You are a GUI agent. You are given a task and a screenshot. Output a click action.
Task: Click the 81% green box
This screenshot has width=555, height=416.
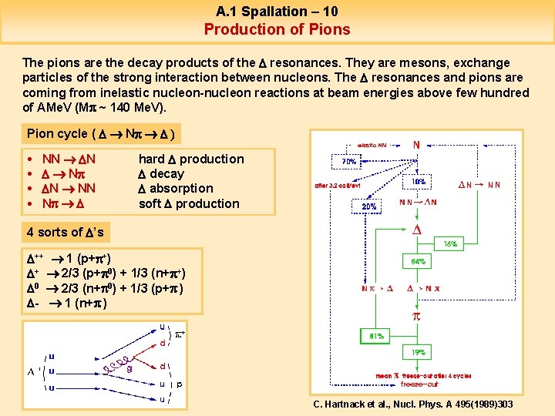[377, 336]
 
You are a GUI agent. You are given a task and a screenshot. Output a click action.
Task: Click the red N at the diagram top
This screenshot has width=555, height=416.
[417, 144]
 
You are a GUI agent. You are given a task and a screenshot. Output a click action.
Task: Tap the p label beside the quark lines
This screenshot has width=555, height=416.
[180, 384]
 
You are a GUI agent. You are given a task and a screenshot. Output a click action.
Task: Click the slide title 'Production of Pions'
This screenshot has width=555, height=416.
[277, 29]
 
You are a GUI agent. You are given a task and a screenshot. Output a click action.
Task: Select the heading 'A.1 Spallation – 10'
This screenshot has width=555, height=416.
[277, 11]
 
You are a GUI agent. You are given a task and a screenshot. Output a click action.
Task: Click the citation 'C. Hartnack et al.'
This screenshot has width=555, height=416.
[412, 404]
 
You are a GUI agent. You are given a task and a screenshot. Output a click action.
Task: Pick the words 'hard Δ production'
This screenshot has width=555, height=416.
[191, 159]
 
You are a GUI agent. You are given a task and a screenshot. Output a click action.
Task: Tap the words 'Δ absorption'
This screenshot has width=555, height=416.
[176, 189]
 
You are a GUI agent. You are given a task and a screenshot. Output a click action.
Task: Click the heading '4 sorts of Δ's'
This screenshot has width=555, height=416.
[66, 232]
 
